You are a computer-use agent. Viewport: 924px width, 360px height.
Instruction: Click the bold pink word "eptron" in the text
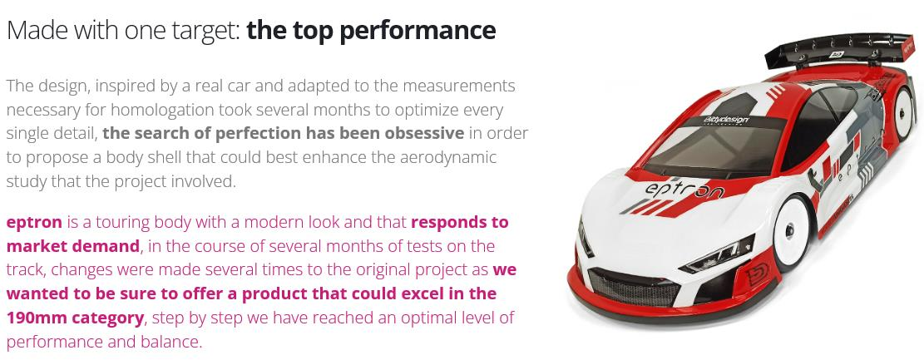coord(34,224)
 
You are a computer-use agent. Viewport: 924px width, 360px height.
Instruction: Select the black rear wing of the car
coord(839,50)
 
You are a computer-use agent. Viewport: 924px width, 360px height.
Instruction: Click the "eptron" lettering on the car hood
coord(684,190)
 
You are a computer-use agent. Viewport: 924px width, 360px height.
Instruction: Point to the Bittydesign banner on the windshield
coord(725,121)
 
